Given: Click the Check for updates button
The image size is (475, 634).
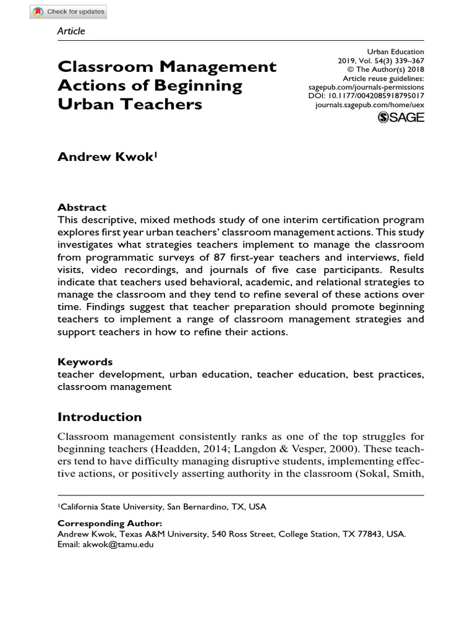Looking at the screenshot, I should (69, 12).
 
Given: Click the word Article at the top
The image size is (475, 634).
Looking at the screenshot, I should (71, 31).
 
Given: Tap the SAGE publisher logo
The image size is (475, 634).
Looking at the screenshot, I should (400, 117).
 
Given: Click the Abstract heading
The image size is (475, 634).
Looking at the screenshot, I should (82, 207).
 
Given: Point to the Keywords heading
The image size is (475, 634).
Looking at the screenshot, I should (85, 362).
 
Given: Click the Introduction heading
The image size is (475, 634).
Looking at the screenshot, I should (100, 417).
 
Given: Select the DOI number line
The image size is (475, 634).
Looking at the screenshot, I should (366, 97).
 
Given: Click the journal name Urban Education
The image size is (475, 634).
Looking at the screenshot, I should (395, 51).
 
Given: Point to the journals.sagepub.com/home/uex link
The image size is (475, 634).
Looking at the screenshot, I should (369, 105).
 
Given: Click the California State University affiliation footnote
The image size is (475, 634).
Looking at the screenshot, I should (162, 506).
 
